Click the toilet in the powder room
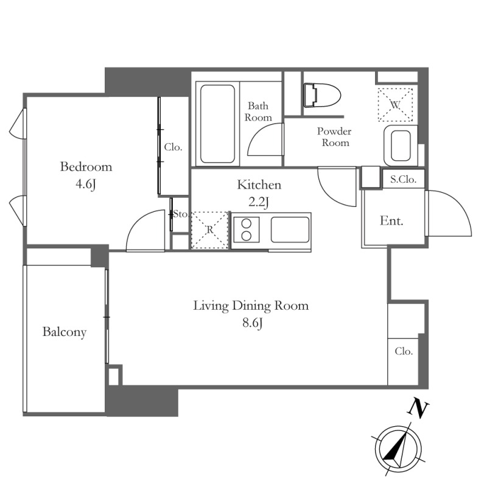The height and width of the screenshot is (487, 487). tap(322, 95)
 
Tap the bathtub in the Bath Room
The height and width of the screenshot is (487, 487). tap(217, 124)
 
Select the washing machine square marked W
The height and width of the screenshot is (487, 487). tap(395, 105)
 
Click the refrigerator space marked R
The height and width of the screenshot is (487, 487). tap(210, 230)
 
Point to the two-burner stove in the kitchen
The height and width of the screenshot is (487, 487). tap(247, 229)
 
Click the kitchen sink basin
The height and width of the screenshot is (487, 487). tap(290, 229)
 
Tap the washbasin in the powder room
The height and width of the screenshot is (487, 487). tap(401, 145)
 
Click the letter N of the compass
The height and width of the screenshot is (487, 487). tap(418, 410)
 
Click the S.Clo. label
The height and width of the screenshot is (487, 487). tap(403, 179)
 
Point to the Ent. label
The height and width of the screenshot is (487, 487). tap(391, 220)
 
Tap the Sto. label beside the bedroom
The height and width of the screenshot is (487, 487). tap(180, 214)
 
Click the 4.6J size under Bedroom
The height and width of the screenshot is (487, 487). tap(86, 184)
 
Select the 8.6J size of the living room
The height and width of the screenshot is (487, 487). tap(253, 323)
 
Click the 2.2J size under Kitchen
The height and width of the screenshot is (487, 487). tap(258, 202)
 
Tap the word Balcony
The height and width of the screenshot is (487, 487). tap(65, 332)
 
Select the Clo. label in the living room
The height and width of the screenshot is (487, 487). tap(404, 351)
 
